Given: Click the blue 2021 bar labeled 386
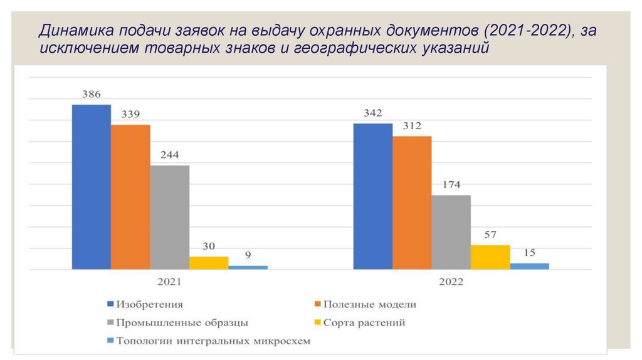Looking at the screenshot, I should point(92,187).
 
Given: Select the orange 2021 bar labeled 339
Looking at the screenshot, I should point(130,197).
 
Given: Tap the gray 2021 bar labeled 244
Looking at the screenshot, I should point(169,217).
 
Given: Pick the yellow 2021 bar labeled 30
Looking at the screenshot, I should point(209,263).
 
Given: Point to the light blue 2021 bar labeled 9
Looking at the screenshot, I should point(248,267).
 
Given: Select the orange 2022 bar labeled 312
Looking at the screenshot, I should point(412,203).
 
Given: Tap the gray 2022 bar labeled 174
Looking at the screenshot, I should point(451,232).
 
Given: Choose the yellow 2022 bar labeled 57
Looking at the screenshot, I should point(490,257).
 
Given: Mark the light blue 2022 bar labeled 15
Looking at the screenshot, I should point(529,266).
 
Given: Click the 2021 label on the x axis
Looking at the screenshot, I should point(169,282).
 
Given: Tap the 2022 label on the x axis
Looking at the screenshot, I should point(451,282).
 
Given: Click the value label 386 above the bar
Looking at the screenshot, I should point(92,95).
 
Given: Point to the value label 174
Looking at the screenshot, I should point(451,185).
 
